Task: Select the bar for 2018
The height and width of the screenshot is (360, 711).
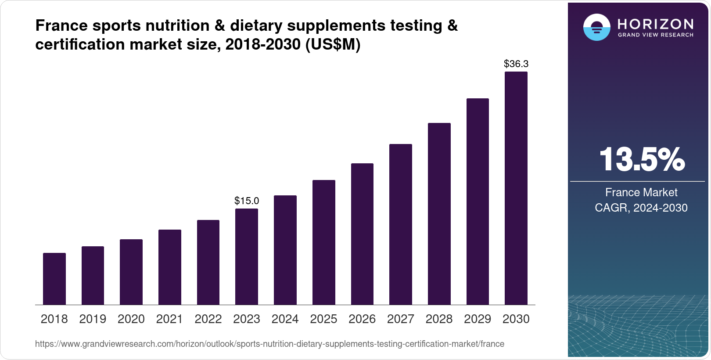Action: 54,279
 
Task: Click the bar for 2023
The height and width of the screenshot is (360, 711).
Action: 247,257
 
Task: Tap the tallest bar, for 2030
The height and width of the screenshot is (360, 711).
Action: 516,189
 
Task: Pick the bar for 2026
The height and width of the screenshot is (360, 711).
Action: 362,234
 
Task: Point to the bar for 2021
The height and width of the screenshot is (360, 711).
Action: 170,267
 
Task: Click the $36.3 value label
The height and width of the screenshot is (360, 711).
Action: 516,64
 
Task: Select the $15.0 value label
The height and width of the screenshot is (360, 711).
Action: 247,201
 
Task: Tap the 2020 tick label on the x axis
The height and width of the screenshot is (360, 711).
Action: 131,319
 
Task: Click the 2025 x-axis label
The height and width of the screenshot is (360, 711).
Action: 323,319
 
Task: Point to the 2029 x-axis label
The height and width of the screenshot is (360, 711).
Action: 478,319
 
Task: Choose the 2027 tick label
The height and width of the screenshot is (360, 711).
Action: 401,319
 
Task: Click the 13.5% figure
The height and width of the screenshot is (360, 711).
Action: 641,159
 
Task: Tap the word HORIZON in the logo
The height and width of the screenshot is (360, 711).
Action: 655,24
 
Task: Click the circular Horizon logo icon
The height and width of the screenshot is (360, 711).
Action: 596,27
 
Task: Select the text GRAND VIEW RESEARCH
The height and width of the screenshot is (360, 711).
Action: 655,35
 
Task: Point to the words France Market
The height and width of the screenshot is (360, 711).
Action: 641,192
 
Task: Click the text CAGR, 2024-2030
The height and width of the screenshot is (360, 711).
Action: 641,208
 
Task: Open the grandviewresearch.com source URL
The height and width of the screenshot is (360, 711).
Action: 269,344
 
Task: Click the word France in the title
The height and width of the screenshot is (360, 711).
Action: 61,26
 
